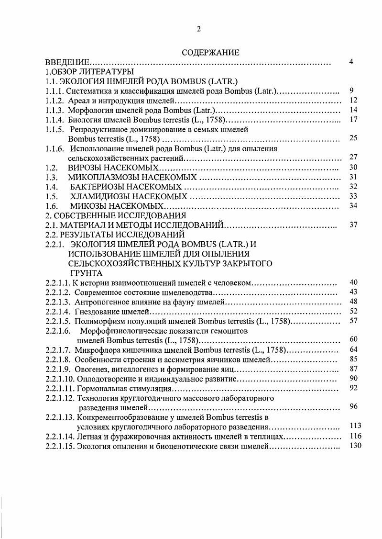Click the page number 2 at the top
click(x=198, y=29)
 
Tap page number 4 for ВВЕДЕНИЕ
click(x=351, y=62)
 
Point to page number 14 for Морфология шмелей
click(x=353, y=110)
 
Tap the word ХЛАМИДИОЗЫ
click(x=100, y=196)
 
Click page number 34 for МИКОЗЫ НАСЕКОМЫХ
click(x=353, y=206)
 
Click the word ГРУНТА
click(x=86, y=273)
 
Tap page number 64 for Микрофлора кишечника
click(x=353, y=349)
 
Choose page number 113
click(x=354, y=426)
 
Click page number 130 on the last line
click(x=354, y=445)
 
